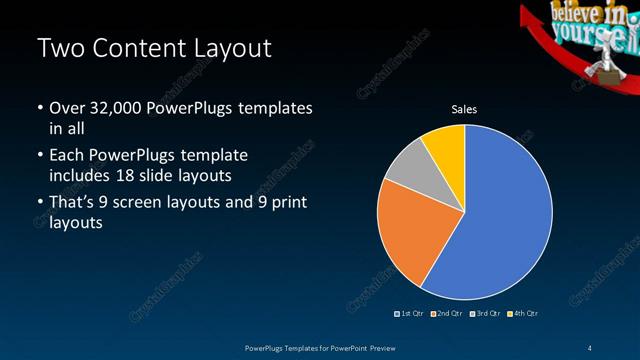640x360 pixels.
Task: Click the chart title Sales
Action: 464,110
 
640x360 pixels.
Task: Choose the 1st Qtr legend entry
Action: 409,314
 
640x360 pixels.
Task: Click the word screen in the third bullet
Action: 146,203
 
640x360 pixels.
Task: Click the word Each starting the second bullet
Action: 67,156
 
